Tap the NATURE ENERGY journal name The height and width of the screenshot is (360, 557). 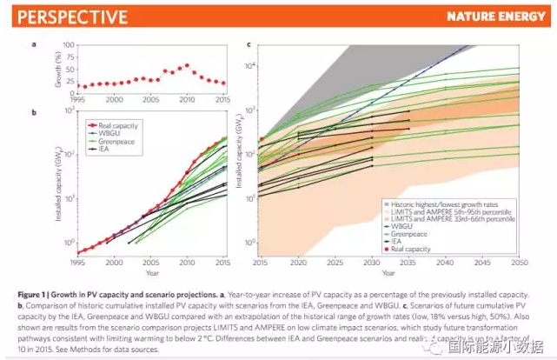click(499, 17)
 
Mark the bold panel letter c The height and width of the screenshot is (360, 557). click(249, 44)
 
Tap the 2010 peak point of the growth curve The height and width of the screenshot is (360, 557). click(186, 64)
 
